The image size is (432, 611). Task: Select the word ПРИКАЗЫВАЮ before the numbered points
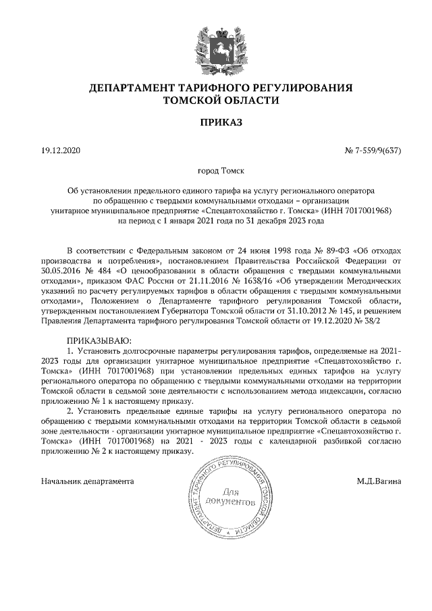tap(99, 341)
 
